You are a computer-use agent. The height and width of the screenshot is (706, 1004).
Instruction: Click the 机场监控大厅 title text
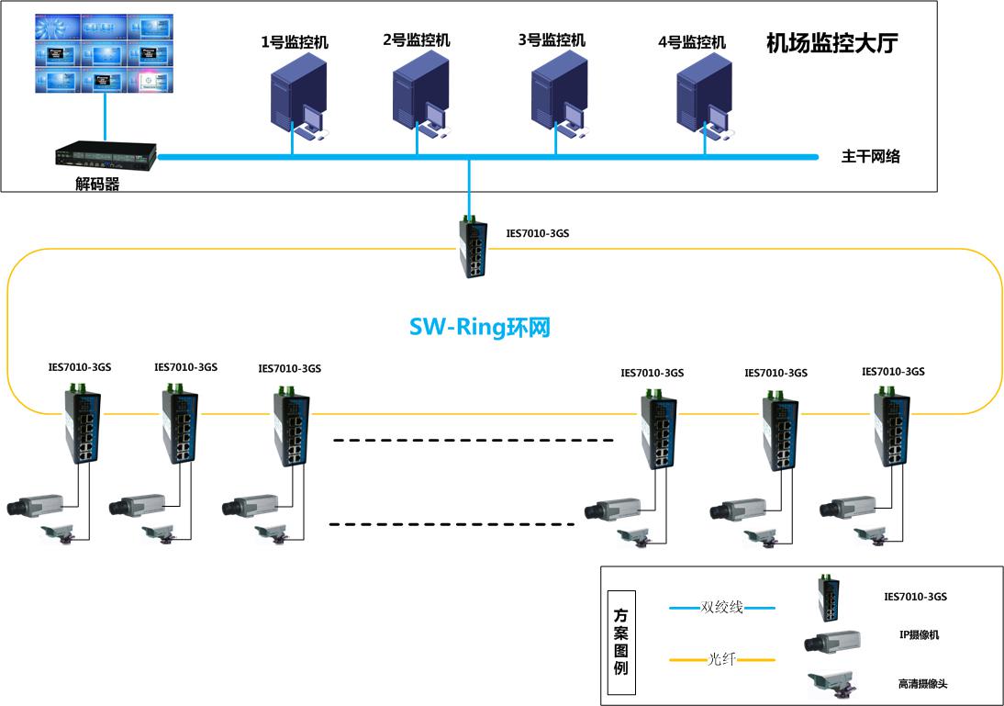831,43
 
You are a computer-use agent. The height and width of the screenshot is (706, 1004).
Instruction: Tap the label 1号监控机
295,42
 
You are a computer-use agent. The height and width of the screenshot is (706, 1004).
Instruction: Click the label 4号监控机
692,42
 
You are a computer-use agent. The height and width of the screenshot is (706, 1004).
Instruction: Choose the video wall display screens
105,52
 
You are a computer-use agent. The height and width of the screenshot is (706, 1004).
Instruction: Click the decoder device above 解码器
105,155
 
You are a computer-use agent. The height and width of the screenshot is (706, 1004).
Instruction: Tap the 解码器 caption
97,184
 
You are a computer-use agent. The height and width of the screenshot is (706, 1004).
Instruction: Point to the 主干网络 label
871,156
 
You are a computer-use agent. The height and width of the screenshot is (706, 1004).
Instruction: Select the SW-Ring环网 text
479,327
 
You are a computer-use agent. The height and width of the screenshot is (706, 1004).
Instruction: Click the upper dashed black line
473,442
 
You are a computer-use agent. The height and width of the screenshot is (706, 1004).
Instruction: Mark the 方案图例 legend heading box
621,642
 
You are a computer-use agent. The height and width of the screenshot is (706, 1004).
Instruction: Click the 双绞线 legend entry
721,607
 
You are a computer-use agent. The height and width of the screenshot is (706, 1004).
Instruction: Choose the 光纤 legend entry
721,659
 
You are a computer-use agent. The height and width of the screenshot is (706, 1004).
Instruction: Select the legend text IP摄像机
919,634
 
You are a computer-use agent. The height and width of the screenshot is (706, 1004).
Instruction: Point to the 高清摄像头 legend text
919,683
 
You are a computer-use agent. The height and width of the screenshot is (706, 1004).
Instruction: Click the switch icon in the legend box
830,597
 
